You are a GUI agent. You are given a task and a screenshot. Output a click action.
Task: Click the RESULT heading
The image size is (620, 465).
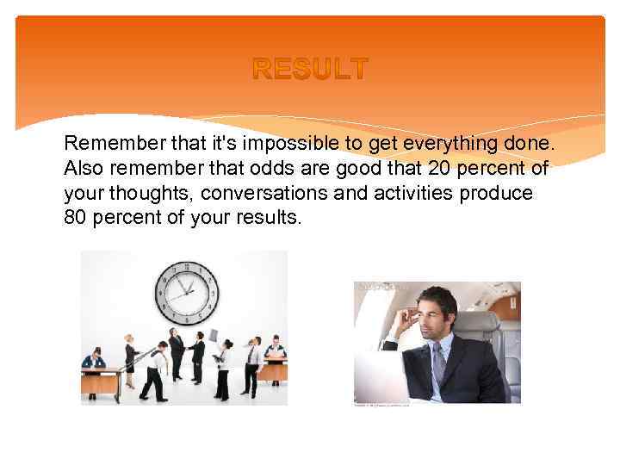[x=310, y=68]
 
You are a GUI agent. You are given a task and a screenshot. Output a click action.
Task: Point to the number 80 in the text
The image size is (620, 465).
[x=76, y=218]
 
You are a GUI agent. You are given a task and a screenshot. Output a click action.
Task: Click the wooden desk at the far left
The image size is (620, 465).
[x=100, y=379]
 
